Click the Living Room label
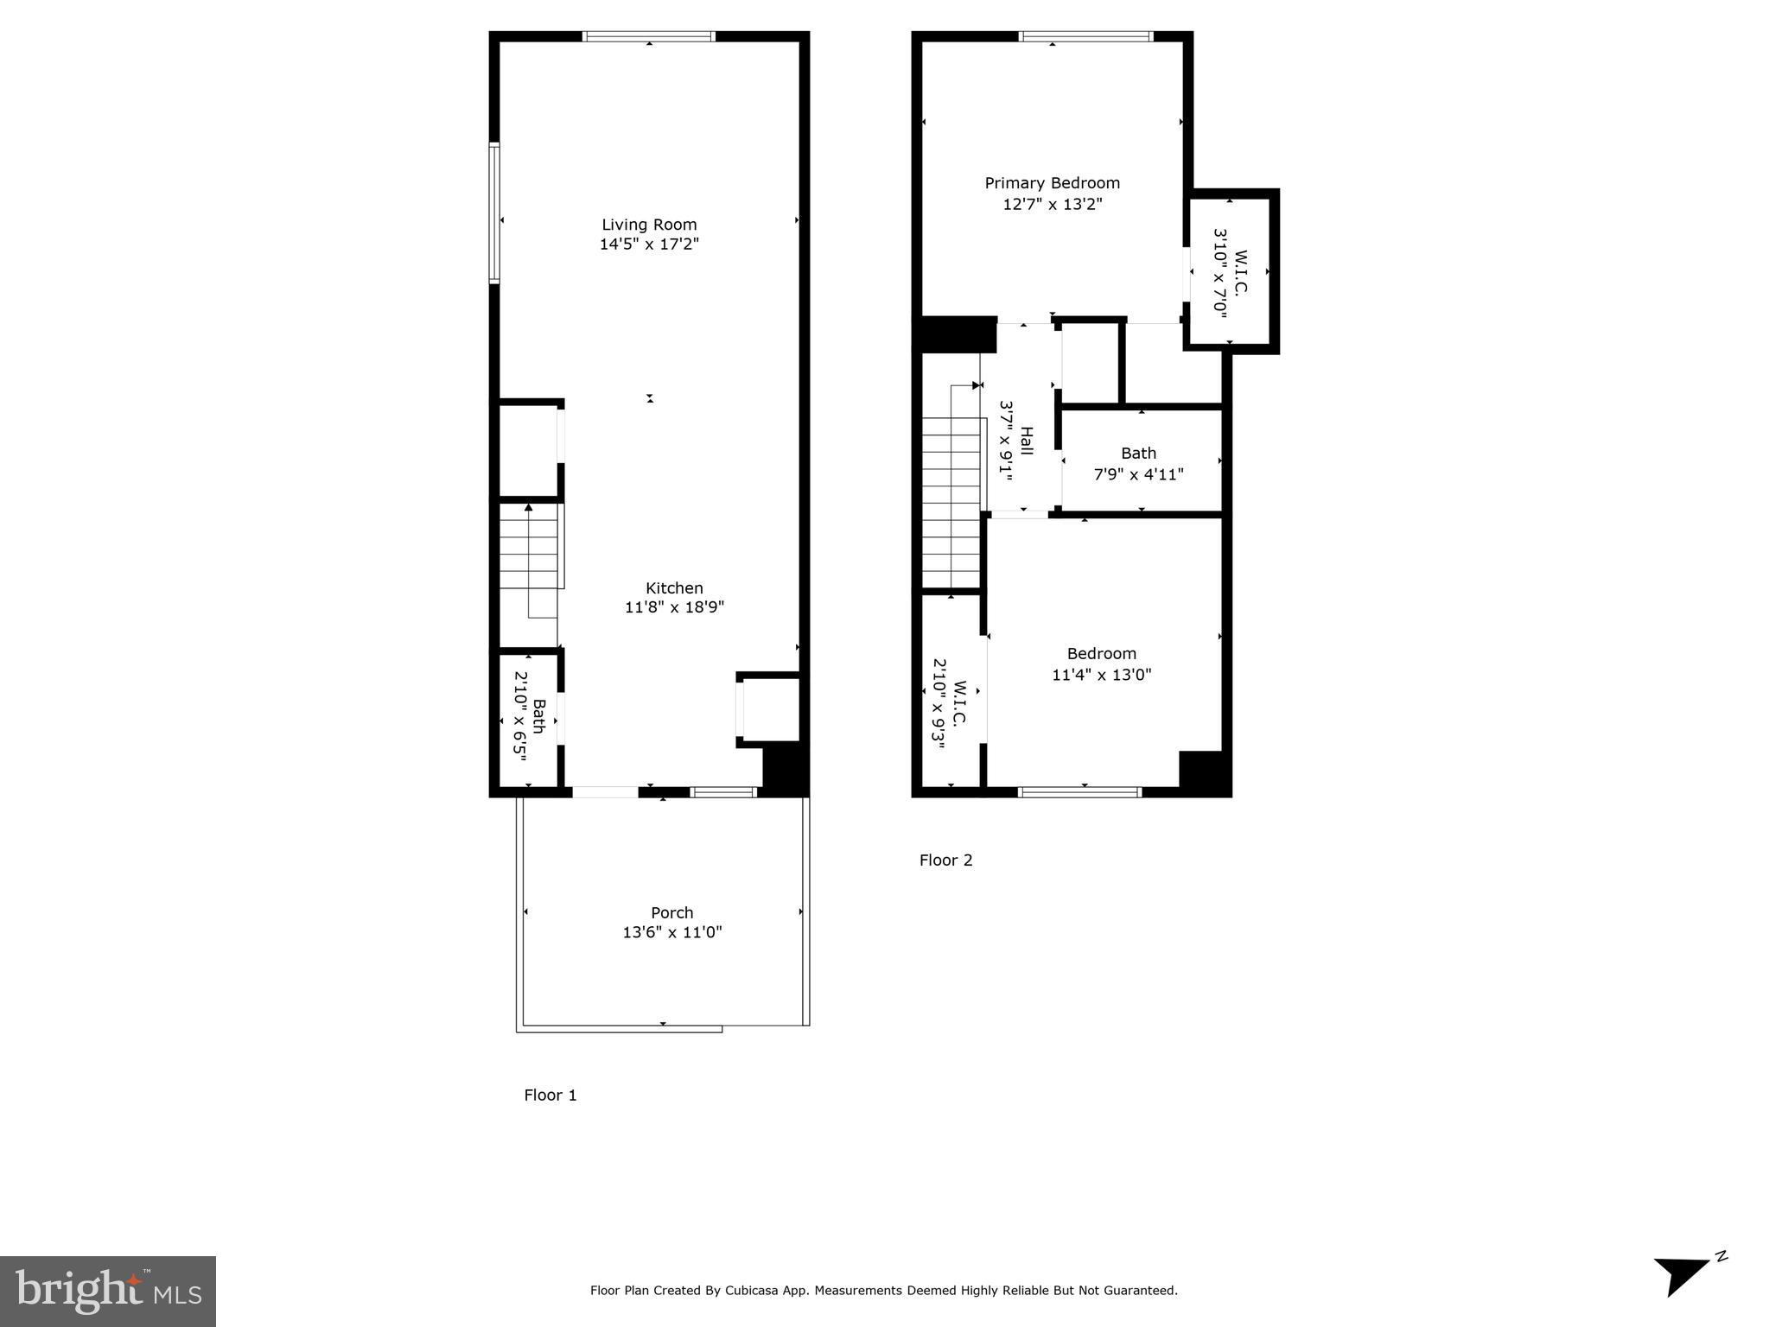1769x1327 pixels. click(649, 225)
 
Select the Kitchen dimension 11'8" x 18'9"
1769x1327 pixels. click(674, 607)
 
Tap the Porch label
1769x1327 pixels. click(671, 912)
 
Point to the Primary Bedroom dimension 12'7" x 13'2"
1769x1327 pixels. click(1052, 205)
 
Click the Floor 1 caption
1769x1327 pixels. click(550, 1095)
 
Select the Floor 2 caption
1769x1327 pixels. click(945, 860)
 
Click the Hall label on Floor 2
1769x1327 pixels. click(1027, 441)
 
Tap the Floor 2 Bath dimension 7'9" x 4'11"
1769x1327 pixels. click(1138, 474)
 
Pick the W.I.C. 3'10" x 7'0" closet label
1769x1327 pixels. click(1231, 273)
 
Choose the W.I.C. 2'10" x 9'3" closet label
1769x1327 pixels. click(950, 703)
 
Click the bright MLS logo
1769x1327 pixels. click(108, 1291)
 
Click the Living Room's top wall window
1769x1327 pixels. click(649, 36)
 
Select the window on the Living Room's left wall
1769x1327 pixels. click(494, 213)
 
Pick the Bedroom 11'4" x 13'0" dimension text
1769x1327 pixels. click(1101, 675)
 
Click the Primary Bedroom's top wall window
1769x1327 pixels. click(1085, 36)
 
